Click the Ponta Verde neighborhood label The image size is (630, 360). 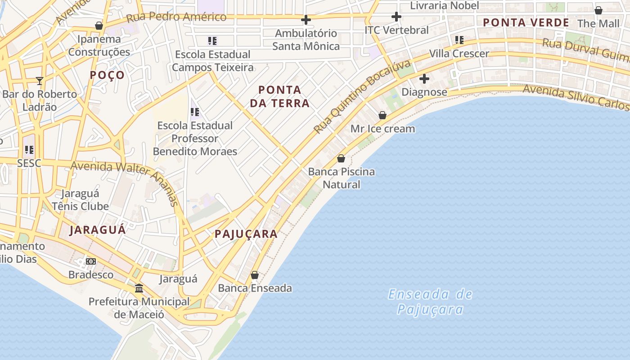click(526, 22)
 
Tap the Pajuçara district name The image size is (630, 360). click(246, 234)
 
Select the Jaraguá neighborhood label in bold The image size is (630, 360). click(98, 230)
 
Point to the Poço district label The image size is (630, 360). click(107, 75)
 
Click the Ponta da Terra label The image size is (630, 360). click(279, 96)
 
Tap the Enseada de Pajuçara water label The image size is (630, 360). click(430, 301)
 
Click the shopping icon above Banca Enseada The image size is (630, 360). click(255, 274)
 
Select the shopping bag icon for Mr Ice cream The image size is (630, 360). click(382, 115)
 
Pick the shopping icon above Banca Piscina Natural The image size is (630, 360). click(341, 158)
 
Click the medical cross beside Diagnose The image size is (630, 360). click(424, 79)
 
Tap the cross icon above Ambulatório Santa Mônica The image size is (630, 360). click(306, 20)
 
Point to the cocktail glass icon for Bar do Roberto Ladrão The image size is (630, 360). click(40, 81)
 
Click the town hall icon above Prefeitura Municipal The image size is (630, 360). click(139, 288)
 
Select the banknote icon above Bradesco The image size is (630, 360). click(91, 261)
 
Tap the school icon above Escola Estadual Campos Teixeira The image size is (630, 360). click(212, 41)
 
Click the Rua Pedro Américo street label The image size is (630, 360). click(176, 17)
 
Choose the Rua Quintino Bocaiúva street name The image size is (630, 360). click(362, 96)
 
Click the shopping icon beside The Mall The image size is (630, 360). click(598, 10)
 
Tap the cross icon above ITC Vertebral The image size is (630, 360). click(396, 17)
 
